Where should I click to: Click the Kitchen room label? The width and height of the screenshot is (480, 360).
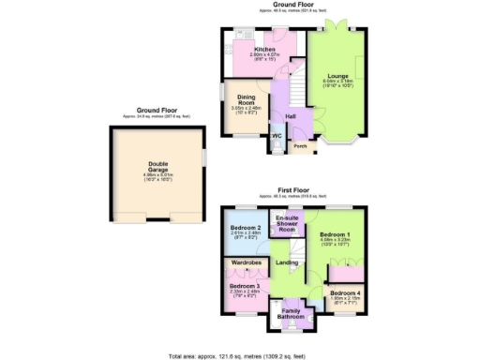(x=264, y=49)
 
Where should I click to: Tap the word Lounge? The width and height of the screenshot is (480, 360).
(x=337, y=75)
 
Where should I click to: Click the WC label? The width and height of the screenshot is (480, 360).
(x=277, y=137)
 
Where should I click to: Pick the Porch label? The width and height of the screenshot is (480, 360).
(x=300, y=145)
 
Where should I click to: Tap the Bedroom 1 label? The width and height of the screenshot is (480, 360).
(x=335, y=233)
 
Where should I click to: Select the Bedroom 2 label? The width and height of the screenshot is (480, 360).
(x=246, y=228)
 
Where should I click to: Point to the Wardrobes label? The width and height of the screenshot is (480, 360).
(x=246, y=263)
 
